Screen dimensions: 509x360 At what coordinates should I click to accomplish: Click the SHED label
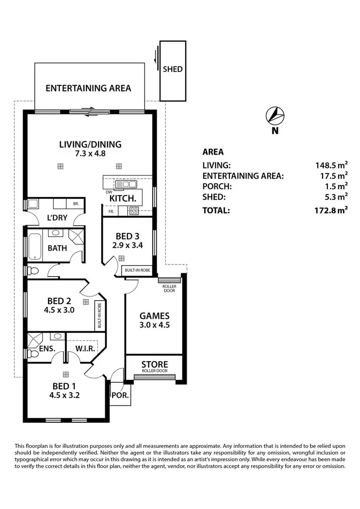point(172,69)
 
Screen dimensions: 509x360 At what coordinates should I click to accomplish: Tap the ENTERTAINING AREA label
point(88,88)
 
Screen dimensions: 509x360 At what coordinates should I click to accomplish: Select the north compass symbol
point(274,116)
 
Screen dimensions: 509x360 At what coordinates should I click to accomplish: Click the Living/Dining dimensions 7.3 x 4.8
point(90,154)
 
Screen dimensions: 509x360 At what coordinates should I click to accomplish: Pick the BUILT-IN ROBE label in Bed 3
point(138,270)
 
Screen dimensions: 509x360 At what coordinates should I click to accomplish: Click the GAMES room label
point(154,316)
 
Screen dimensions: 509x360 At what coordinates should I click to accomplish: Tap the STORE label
point(155,364)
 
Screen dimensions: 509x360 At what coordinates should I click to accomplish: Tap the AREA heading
point(213,152)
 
